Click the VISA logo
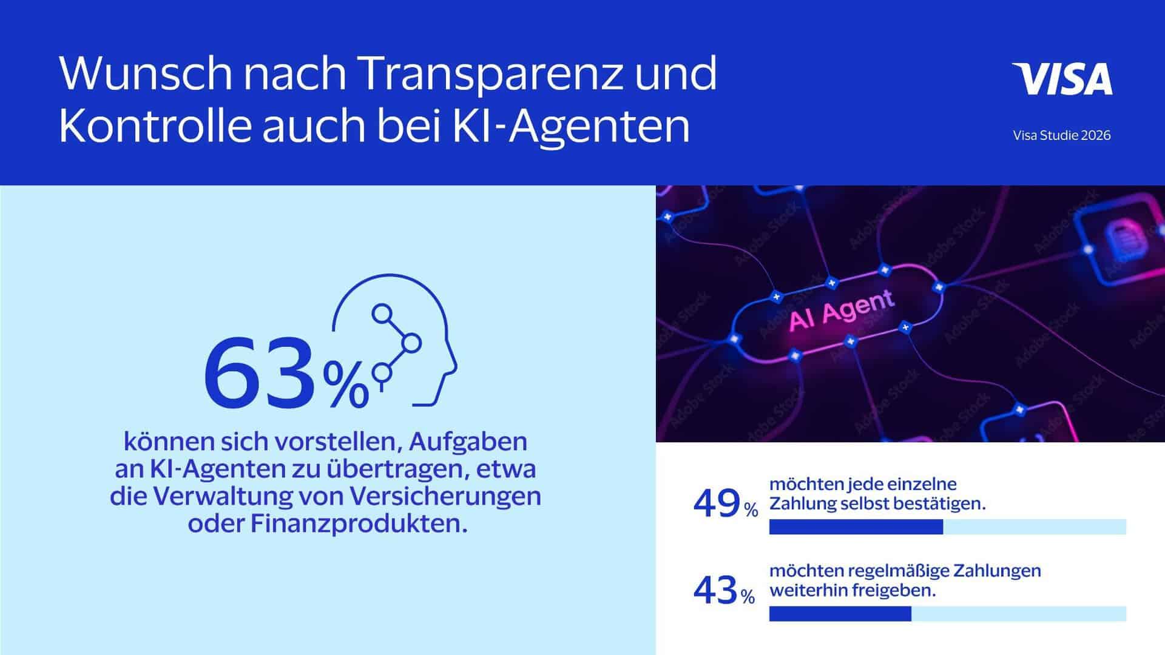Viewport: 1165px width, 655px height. click(1062, 79)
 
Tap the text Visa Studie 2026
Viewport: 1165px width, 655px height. click(1062, 135)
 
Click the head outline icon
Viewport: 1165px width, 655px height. click(394, 340)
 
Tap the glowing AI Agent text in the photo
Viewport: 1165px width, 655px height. click(841, 310)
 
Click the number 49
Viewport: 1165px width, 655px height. click(717, 503)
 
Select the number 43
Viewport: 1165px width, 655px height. click(715, 590)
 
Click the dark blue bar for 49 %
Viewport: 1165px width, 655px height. click(856, 527)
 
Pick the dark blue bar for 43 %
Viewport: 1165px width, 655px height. click(840, 614)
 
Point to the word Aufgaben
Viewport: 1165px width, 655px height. click(468, 442)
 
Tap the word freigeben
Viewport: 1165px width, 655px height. click(894, 590)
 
